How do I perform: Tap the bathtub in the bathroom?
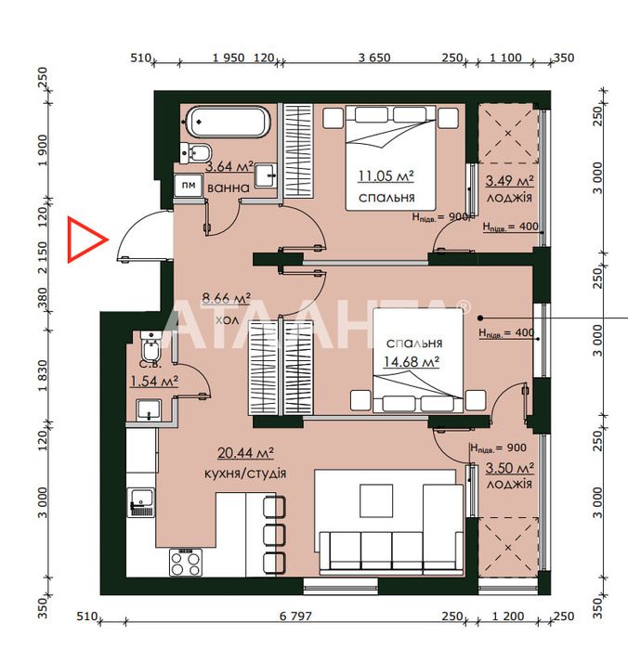point(227,123)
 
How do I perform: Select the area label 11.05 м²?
point(386,175)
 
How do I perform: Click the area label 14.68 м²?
point(411,362)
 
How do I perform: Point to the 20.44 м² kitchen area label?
point(245,453)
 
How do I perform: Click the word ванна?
point(229,188)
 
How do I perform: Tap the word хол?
point(227,320)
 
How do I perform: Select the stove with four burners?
point(186,563)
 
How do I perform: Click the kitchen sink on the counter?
point(141,502)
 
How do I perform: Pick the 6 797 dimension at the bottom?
point(295,617)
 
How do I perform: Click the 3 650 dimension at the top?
point(374,58)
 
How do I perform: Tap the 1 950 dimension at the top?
point(229,58)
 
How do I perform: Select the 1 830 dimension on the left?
point(43,376)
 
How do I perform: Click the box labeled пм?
point(189,185)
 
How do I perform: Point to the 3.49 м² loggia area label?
point(509,181)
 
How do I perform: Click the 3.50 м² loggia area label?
point(509,468)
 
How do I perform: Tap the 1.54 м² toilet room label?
point(154,381)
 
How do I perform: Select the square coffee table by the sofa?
point(376,500)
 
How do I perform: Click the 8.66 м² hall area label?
point(226,298)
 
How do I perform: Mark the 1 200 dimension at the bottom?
point(508,617)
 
